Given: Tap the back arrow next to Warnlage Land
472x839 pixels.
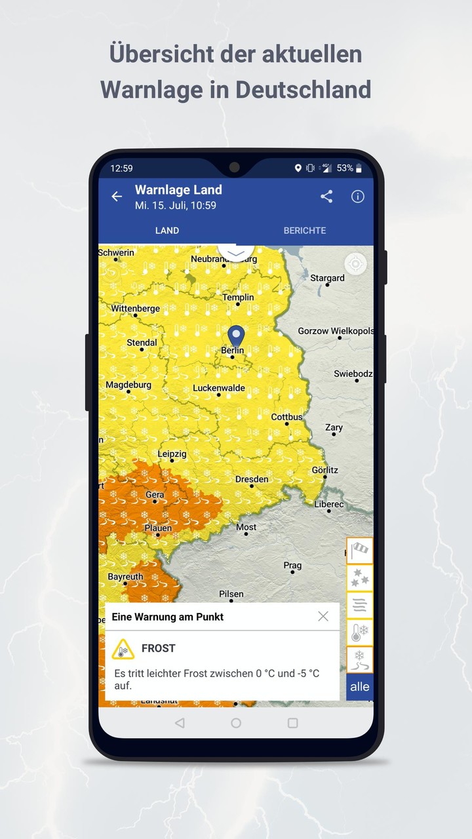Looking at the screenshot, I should tap(117, 197).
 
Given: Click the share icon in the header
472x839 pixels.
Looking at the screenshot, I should tap(326, 197).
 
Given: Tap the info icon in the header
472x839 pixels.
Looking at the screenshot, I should tap(357, 197).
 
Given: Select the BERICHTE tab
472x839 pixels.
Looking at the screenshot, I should tap(304, 231).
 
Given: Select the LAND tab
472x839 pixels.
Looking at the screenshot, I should tap(167, 231).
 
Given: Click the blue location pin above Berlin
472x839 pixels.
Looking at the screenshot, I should tap(235, 336).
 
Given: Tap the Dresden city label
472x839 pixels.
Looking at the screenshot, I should tap(252, 479).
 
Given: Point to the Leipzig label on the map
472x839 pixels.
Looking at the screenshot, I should tap(172, 454).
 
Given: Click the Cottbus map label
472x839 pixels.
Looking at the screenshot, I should tap(287, 417).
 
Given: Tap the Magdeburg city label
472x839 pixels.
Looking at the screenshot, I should tap(128, 385).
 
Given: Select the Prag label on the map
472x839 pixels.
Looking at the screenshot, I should tap(292, 565).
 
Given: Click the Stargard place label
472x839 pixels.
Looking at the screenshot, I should tap(327, 278).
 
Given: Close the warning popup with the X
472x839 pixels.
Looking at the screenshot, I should tap(323, 616).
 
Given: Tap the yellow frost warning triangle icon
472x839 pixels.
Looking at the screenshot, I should tap(123, 649).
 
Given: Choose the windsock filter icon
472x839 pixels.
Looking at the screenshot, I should tap(360, 551).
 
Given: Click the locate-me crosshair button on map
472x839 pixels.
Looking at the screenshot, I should tap(355, 264).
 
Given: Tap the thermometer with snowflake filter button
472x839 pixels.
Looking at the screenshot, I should tap(360, 633).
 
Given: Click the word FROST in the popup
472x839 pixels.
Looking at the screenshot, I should tap(159, 648).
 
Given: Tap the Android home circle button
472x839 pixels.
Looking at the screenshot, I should tap(236, 723).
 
